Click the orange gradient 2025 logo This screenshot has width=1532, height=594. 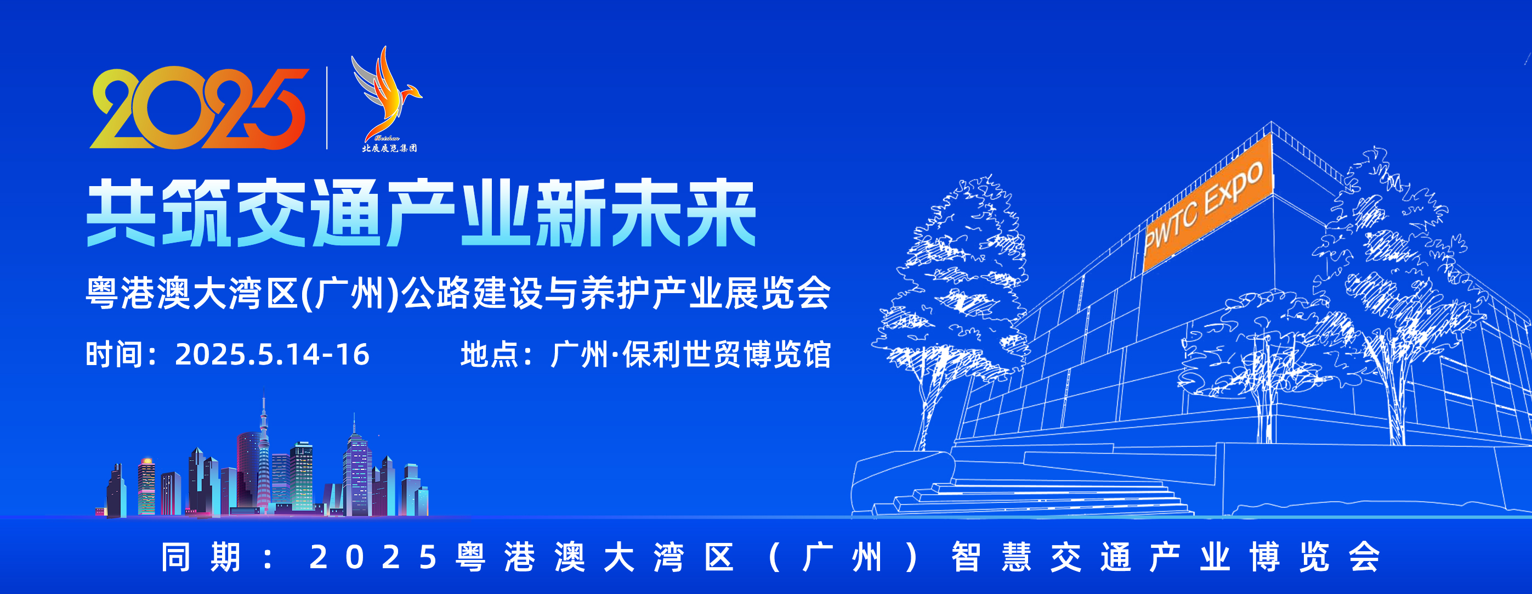(199, 108)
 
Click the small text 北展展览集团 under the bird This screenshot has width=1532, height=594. (389, 148)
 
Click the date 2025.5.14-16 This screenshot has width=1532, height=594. (272, 355)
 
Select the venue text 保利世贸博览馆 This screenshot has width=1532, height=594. (726, 355)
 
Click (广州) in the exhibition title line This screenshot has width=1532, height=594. (351, 293)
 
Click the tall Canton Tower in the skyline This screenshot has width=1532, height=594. (263, 452)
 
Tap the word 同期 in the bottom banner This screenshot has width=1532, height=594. (201, 558)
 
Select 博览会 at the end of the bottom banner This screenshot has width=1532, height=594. (1314, 558)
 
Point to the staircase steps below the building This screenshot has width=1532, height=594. (1035, 497)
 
